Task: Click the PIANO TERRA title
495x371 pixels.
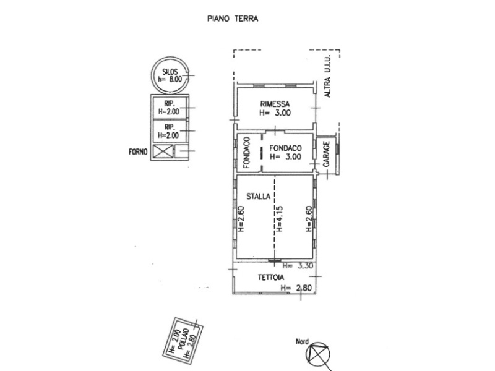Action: (x=232, y=19)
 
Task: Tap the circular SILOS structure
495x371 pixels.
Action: (x=169, y=75)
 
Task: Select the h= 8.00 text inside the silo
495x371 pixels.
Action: (x=169, y=80)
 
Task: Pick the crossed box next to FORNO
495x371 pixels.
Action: (x=163, y=151)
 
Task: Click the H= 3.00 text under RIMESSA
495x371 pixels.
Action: (x=275, y=113)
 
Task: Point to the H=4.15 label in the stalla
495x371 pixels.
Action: (x=279, y=218)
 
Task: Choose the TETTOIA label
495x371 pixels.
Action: (x=270, y=279)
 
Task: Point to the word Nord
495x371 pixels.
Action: (x=302, y=341)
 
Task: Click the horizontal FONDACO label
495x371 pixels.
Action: (x=285, y=148)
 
